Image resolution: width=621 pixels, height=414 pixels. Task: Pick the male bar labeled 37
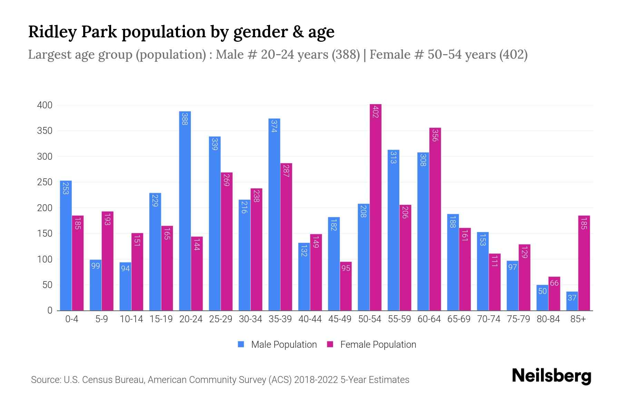click(572, 301)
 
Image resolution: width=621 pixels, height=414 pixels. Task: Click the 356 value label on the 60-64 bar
click(435, 135)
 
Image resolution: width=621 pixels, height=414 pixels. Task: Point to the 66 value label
click(554, 283)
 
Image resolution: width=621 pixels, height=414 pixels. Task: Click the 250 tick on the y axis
click(45, 182)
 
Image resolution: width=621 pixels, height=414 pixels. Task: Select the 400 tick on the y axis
click(45, 105)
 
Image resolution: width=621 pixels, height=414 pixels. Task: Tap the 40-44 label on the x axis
click(310, 319)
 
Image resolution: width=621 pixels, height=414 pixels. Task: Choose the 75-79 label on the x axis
click(518, 319)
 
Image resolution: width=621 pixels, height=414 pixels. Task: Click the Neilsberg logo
click(551, 376)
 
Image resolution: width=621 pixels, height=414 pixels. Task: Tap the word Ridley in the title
click(52, 32)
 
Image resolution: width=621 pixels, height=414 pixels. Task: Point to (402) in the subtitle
click(513, 55)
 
